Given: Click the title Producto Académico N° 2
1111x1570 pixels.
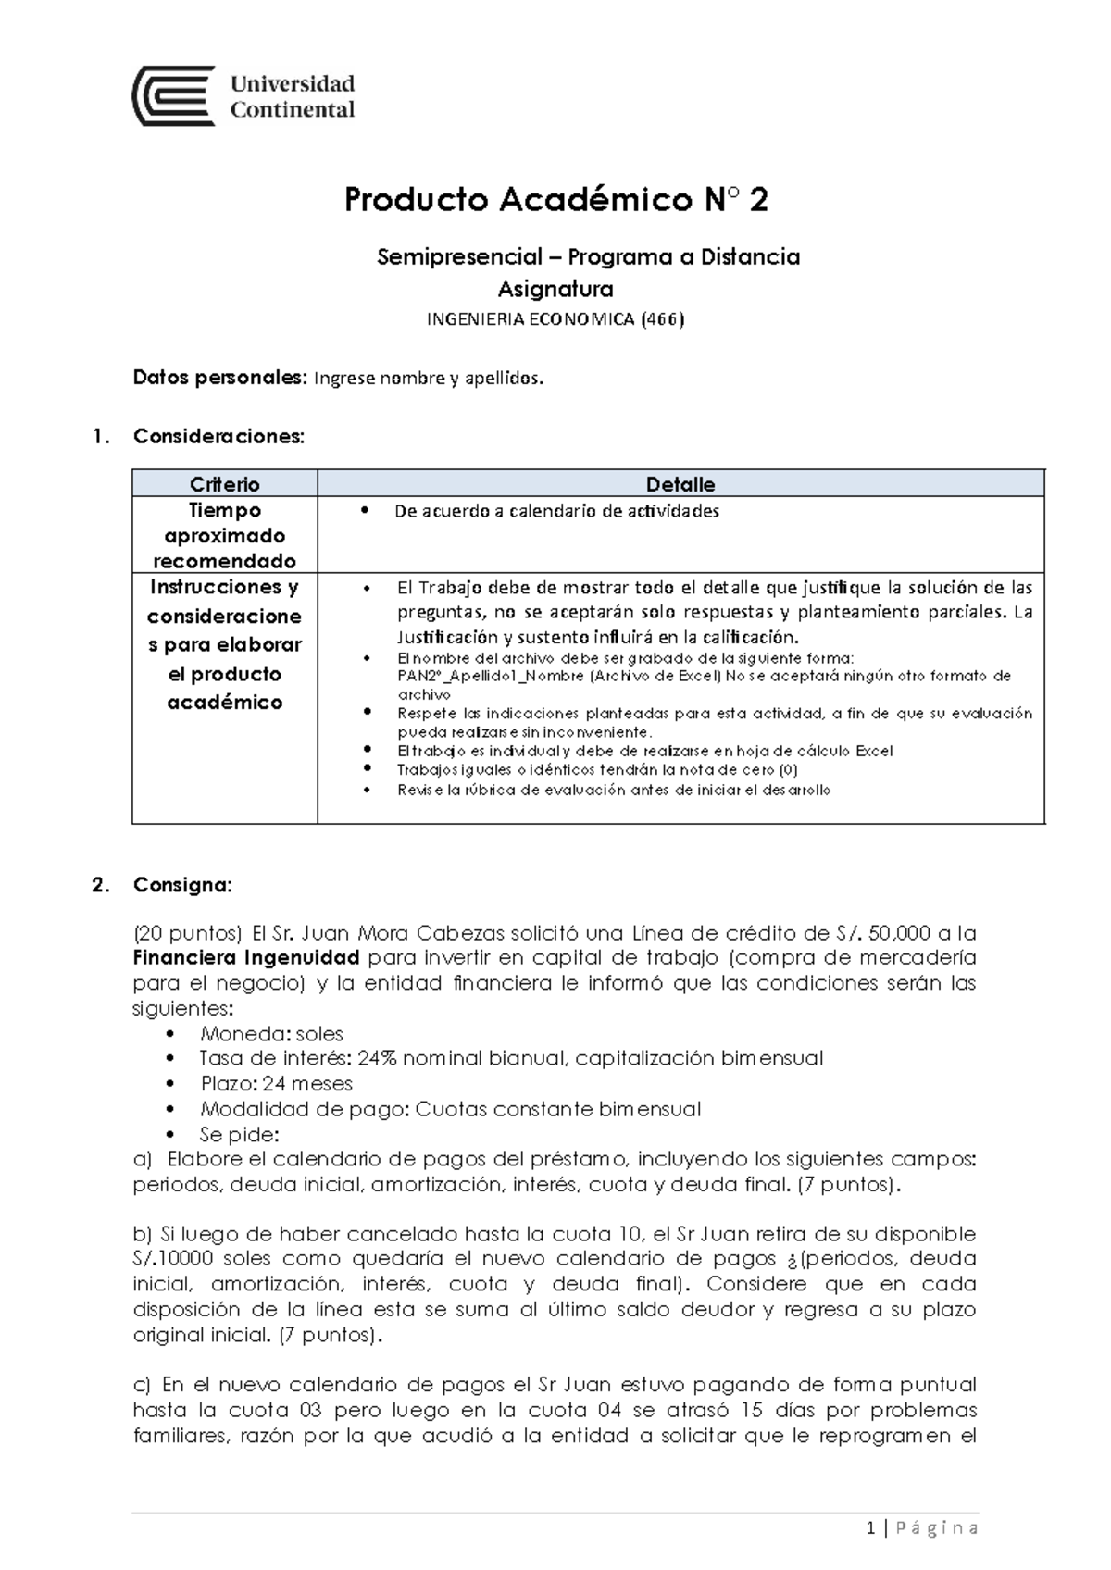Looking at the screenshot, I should point(555,200).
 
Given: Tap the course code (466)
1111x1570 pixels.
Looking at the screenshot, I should point(663,320).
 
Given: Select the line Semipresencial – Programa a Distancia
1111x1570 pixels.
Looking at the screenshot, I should point(588,257).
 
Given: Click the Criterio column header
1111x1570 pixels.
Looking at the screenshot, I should point(224,484).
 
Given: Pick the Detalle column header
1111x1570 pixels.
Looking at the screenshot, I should point(680,484).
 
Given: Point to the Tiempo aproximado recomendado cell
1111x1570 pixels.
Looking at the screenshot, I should point(224,535).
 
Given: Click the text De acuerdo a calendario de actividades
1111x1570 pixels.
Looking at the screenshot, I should point(556,511).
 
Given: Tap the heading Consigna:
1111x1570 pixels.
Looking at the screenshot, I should point(182,885).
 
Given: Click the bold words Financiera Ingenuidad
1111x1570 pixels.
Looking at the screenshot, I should point(246,957).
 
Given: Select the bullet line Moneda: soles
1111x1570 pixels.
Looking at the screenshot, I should point(271,1034).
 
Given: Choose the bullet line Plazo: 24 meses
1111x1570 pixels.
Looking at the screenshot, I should point(276,1084).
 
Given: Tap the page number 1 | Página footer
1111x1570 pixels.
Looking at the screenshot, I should point(922,1528).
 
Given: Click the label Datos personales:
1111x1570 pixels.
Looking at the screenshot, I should point(218,379).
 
